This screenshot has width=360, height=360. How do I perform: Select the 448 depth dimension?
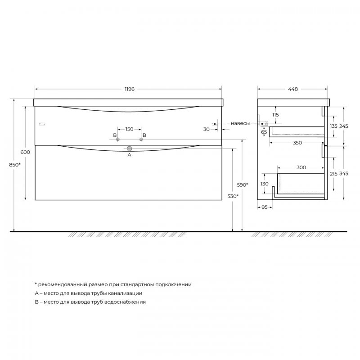click(293, 89)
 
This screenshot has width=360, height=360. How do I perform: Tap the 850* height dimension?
click(15, 165)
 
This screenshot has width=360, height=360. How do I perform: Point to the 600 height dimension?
click(25, 152)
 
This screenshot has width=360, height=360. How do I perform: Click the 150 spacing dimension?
click(129, 129)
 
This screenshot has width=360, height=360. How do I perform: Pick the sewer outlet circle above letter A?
click(129, 148)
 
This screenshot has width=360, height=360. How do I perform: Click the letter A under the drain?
click(129, 155)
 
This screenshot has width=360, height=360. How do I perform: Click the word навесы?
click(240, 123)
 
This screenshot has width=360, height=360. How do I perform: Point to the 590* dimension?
click(243, 185)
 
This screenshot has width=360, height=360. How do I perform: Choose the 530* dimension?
click(232, 196)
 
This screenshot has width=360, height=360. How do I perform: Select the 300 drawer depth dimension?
click(301, 167)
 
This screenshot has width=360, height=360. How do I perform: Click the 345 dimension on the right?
click(344, 173)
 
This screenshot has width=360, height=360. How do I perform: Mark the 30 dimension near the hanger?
click(206, 129)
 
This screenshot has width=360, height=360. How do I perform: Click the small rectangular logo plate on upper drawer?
click(42, 124)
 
